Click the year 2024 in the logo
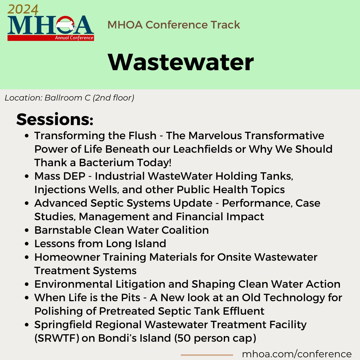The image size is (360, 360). tap(23, 10)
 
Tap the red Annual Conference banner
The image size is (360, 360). tap(50, 38)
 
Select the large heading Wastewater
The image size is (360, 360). tap(181, 62)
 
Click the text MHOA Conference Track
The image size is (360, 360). tap(174, 25)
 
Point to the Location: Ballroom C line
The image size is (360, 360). tap(69, 98)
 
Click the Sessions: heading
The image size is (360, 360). tap(55, 119)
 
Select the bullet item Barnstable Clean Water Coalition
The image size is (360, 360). tap(121, 230)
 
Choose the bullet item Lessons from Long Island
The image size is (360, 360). tap(100, 244)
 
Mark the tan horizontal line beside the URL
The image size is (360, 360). tap(207, 355)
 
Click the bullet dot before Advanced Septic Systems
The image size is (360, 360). tap(27, 203)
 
